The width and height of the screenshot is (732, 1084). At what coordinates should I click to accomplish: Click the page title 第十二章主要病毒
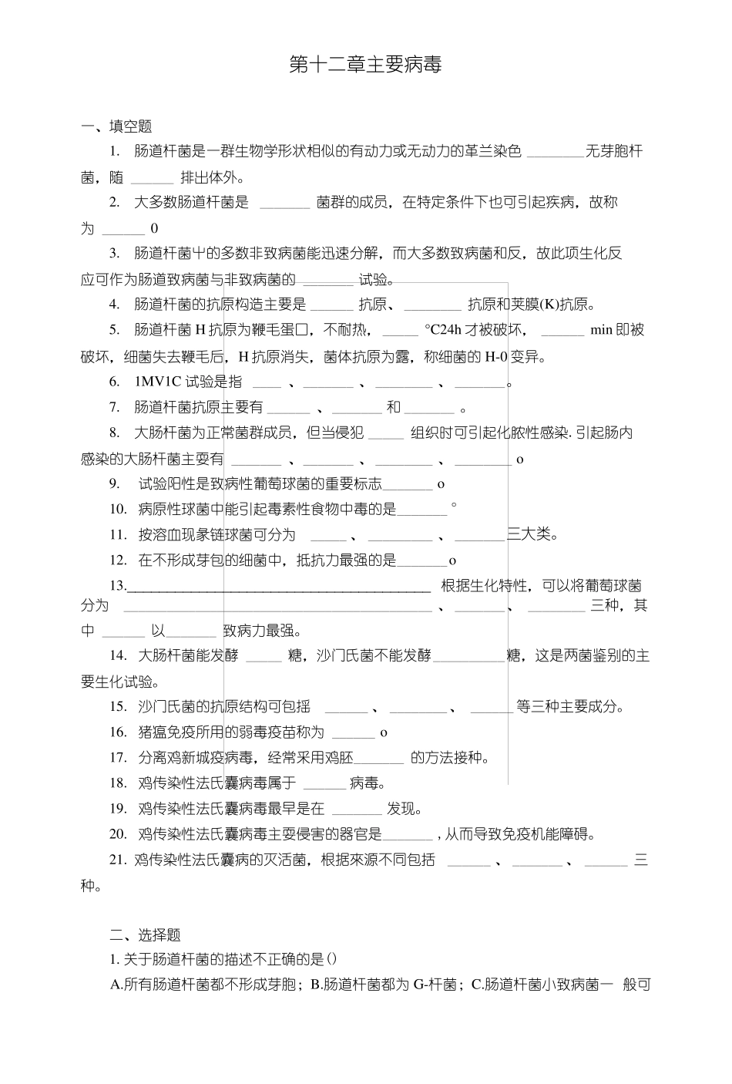coord(365,66)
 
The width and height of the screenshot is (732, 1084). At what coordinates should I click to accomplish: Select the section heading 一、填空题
coord(116,126)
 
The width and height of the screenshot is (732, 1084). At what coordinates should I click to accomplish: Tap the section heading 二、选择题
coord(145,935)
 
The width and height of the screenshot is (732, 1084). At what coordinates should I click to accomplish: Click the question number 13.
coord(117,586)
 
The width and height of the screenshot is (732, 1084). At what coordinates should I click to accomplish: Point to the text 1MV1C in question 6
coord(156,382)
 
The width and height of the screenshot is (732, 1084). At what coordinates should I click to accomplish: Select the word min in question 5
coord(600,330)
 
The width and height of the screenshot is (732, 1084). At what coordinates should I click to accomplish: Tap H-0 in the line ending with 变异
coord(499,356)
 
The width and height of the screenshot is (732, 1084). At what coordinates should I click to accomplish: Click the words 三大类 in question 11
coord(532,534)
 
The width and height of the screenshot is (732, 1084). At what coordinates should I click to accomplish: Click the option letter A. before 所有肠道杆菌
coord(117,985)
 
